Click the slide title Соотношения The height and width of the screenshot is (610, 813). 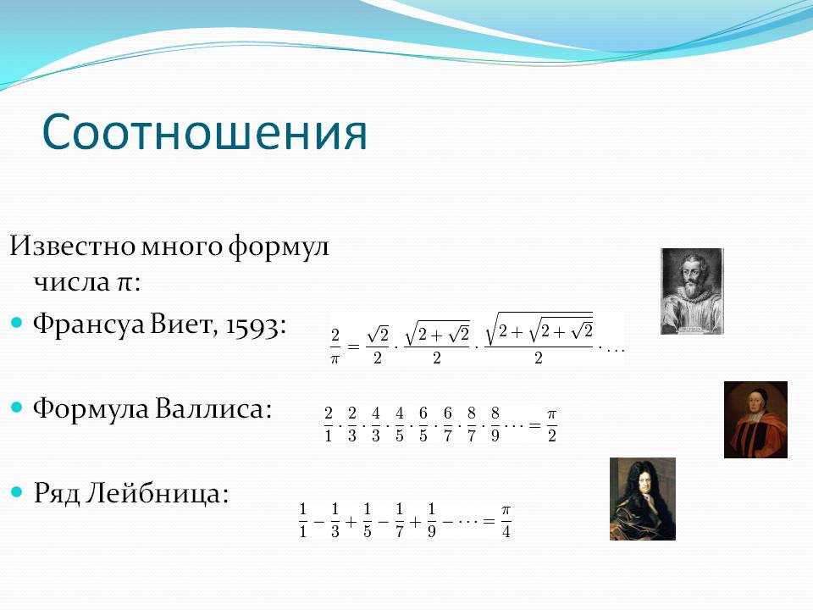pos(205,132)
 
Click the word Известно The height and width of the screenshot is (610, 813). pos(72,246)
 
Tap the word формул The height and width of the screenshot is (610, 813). pos(279,247)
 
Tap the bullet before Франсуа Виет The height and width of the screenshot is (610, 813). pos(17,323)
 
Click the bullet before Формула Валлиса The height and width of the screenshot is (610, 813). pos(17,408)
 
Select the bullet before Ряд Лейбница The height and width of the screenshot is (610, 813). pos(17,491)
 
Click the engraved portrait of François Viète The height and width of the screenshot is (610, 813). pos(692,291)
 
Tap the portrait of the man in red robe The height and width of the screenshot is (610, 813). pos(755,419)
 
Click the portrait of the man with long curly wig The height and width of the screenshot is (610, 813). pos(643,499)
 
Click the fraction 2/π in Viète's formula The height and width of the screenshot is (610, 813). pos(335,346)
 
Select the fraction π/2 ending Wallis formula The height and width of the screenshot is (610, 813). pos(551,425)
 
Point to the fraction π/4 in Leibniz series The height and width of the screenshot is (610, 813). pos(506,521)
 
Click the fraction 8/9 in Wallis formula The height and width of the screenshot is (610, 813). pos(495,424)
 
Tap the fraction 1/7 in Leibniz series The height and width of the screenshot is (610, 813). pos(399,519)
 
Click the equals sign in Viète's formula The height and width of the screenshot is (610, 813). pos(353,346)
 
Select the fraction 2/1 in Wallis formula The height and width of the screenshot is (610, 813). pos(329,424)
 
